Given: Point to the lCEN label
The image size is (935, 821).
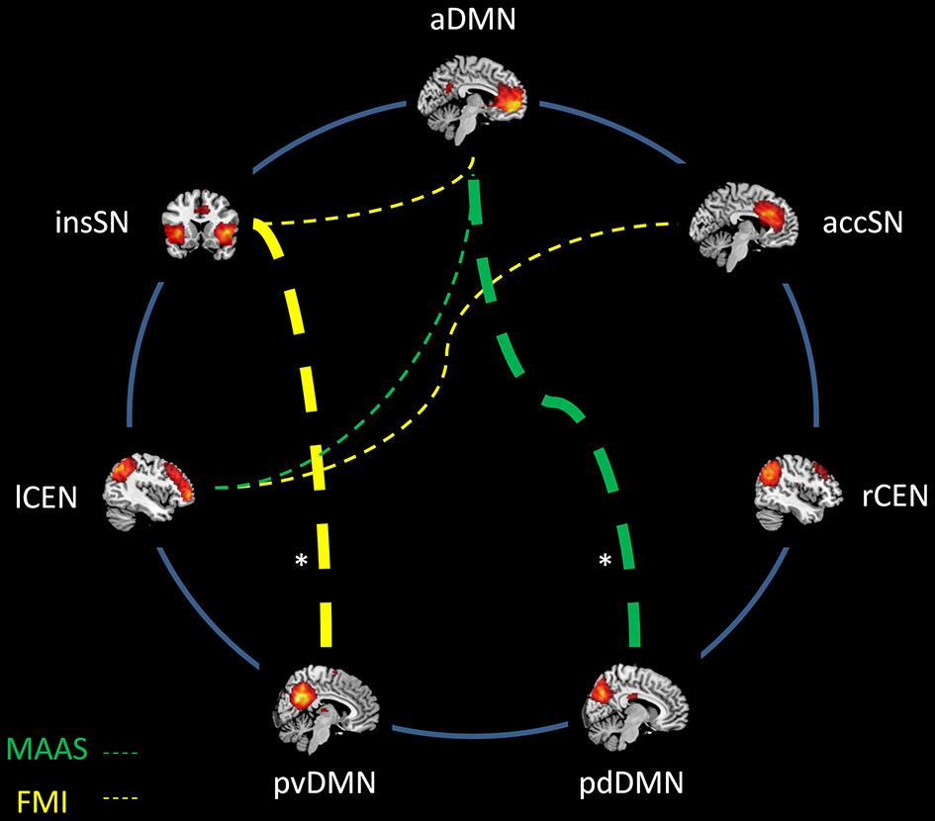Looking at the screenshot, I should [53, 496].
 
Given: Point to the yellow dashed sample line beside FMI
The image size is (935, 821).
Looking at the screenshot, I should [119, 797].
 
